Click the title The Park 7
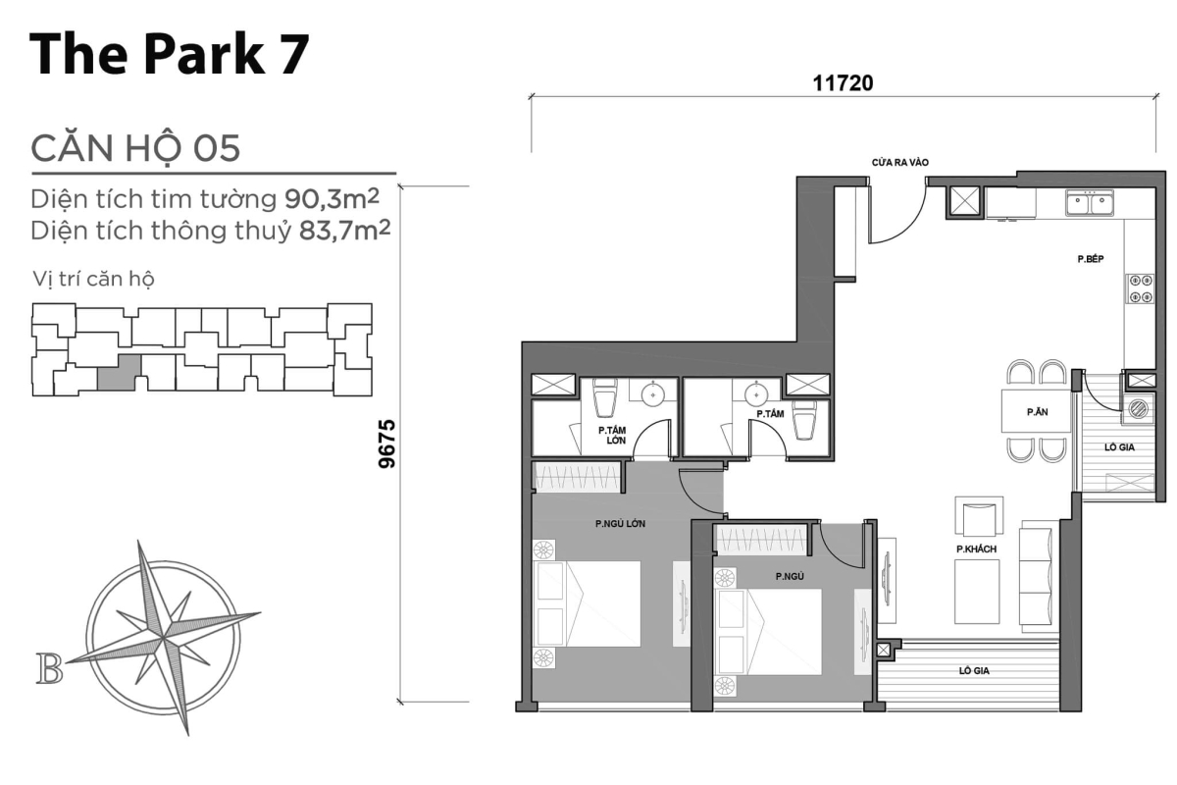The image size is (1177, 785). pos(169,54)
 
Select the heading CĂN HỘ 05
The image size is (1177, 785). pos(135,148)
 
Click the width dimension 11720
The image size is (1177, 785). pos(842,84)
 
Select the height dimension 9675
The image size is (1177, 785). pos(387,444)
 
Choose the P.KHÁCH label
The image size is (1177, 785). pos(977,549)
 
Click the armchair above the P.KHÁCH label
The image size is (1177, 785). pos(978,516)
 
